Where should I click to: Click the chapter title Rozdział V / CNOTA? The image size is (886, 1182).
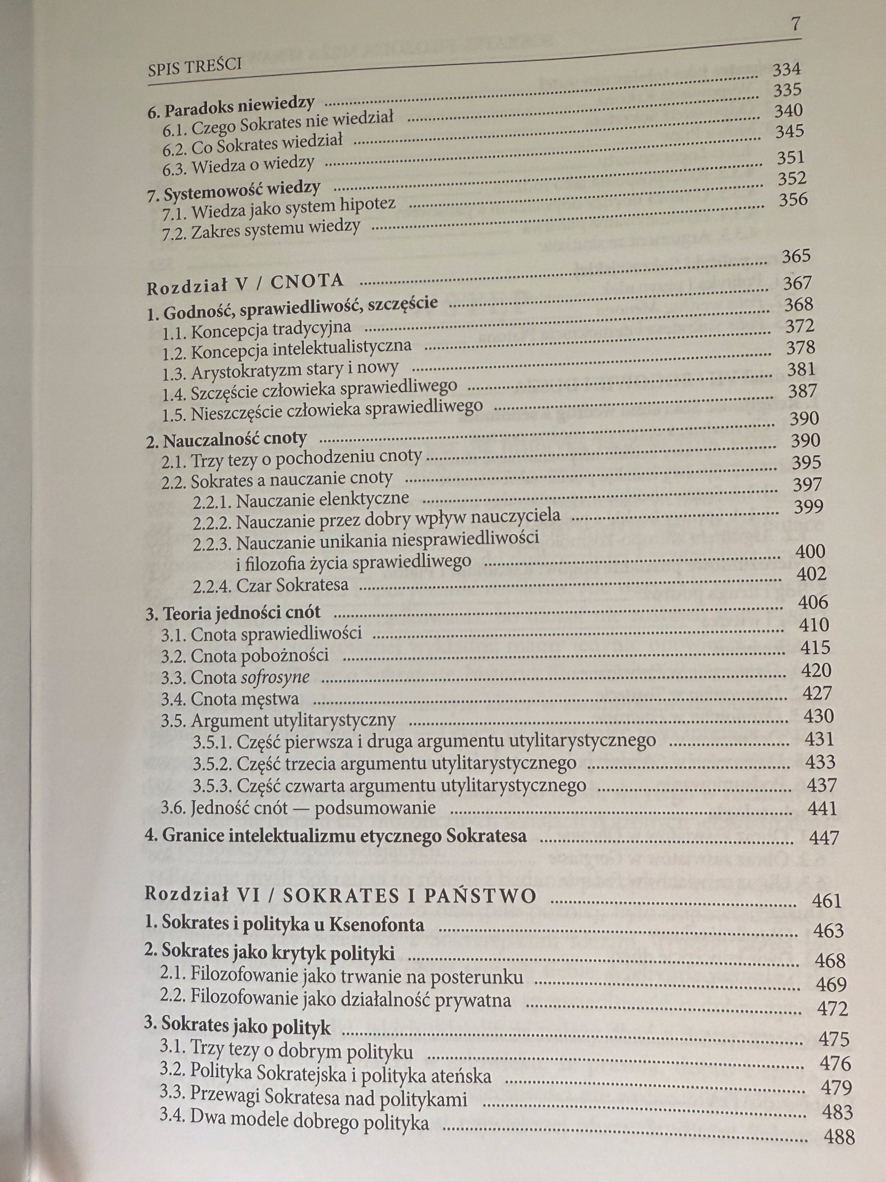pyautogui.click(x=245, y=284)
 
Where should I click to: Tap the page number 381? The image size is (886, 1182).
pyautogui.click(x=801, y=369)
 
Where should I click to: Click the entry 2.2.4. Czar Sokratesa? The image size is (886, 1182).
pyautogui.click(x=271, y=585)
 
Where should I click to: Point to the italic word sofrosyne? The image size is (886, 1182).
pyautogui.click(x=275, y=677)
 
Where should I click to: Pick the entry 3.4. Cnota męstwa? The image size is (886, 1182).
pyautogui.click(x=230, y=700)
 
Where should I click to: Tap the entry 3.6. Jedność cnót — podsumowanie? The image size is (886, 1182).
pyautogui.click(x=298, y=808)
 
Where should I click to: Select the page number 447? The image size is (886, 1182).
pyautogui.click(x=824, y=838)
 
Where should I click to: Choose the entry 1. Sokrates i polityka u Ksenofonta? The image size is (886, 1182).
pyautogui.click(x=285, y=924)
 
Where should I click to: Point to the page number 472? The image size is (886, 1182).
pyautogui.click(x=832, y=1008)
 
